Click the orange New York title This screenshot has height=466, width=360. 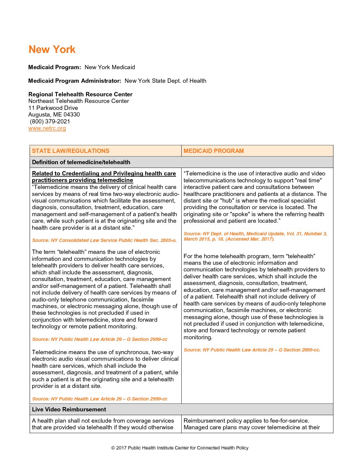pyautogui.click(x=52, y=50)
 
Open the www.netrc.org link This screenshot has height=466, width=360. pyautogui.click(x=47, y=128)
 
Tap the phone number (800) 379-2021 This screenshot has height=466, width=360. pyautogui.click(x=50, y=121)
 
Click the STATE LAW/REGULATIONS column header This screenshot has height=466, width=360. pyautogui.click(x=70, y=151)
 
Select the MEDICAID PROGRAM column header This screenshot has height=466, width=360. pyautogui.click(x=213, y=151)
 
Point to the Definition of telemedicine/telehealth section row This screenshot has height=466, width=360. pyautogui.click(x=81, y=162)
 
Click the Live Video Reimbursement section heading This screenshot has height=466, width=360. pyautogui.click(x=69, y=409)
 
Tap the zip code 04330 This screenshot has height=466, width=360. pyautogui.click(x=71, y=115)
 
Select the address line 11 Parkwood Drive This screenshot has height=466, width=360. pyautogui.click(x=53, y=108)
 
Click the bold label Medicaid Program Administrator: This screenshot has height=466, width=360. pyautogui.click(x=75, y=81)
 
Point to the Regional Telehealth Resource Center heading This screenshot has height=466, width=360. pyautogui.click(x=80, y=94)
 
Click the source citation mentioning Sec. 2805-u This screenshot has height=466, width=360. pyautogui.click(x=104, y=240)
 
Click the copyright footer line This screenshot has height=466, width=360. pyautogui.click(x=180, y=448)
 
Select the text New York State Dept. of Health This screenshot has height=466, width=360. pyautogui.click(x=165, y=81)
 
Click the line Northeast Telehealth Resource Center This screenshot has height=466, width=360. pyautogui.click(x=79, y=101)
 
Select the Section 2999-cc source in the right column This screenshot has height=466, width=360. pyautogui.click(x=252, y=350)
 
